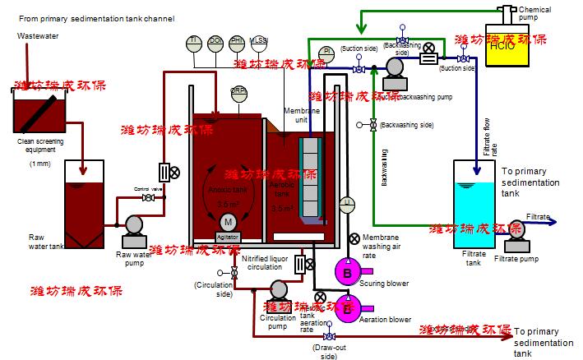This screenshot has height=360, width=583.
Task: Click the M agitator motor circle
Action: (x=228, y=222)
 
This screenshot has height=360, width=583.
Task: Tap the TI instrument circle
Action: (x=196, y=44)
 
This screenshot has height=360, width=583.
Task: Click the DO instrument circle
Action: (x=217, y=44)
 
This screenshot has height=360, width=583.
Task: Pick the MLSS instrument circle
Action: (x=258, y=44)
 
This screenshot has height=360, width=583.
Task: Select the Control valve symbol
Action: (x=149, y=198)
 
